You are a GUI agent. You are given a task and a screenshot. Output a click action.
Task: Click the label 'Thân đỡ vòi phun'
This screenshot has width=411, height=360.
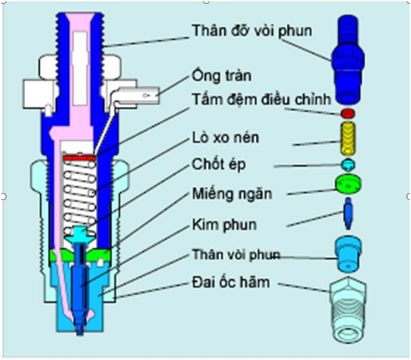pos(252,31)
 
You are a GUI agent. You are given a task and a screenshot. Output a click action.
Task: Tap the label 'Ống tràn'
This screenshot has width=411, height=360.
pos(222,76)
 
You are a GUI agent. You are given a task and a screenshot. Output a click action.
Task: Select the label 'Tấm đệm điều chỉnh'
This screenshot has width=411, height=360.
pos(261,100)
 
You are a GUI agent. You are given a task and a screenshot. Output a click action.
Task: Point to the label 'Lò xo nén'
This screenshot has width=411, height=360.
pos(225,138)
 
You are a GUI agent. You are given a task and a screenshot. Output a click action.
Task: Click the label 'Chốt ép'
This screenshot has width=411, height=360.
pos(219,164)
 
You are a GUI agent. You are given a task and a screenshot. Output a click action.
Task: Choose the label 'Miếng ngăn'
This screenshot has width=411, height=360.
pos(232,194)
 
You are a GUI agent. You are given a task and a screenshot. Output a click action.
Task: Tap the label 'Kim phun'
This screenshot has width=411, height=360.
pos(224,224)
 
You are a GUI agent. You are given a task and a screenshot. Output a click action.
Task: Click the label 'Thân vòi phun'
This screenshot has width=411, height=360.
pos(236,254)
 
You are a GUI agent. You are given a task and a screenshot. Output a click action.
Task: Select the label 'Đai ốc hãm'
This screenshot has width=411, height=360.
pos(231,282)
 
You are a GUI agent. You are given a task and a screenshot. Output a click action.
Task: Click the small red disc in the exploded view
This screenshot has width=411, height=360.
pos(348,114)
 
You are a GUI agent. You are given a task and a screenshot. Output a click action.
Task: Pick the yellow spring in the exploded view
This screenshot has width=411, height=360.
pos(348,138)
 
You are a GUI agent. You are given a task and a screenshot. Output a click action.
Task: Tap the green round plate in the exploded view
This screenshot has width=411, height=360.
pos(348,184)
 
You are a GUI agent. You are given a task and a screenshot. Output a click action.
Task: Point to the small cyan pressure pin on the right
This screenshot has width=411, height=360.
pos(348,164)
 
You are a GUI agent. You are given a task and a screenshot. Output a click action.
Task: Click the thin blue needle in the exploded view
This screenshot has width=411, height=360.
pos(348,214)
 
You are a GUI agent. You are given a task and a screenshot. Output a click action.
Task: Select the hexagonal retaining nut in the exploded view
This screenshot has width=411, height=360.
pos(348,309)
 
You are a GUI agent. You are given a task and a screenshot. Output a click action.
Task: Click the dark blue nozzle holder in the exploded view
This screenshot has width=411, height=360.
pos(348,59)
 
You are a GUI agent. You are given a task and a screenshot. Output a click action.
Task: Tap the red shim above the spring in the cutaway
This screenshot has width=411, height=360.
pos(79,158)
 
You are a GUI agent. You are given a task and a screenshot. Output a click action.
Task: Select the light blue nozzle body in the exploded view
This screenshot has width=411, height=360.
pos(348,253)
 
